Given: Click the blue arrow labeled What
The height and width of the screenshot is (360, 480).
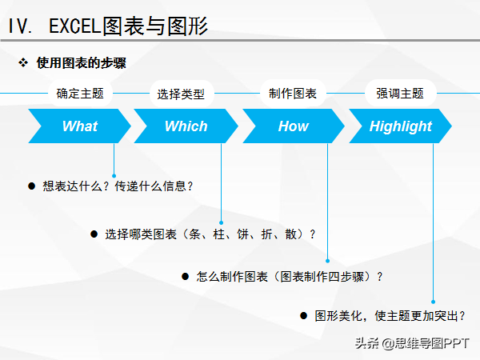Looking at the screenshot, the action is pos(79,126).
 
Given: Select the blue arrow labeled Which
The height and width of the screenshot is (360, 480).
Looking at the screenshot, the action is pos(186,126).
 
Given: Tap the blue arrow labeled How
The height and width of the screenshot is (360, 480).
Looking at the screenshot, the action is pos(294,126).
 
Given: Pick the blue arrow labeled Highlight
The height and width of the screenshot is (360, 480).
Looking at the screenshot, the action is pos(401,126).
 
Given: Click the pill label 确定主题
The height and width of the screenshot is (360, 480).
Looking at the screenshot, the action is pos(80,93).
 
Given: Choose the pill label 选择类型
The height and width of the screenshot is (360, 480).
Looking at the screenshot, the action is pos(182,94).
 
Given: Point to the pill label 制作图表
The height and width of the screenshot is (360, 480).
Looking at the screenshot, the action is pos(293,93).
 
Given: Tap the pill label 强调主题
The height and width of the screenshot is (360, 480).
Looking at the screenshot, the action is pos(400,93).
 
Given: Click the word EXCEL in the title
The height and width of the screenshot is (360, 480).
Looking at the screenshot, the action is pos(75,26).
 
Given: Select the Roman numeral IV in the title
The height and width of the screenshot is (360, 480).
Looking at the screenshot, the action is pos(19,26).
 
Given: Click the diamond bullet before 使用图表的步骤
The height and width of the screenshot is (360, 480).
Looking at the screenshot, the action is pos(23,62).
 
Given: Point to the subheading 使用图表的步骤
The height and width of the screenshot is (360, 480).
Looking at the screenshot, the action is pos(81,62).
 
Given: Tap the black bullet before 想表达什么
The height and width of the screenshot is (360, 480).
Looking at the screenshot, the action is pos(31,186).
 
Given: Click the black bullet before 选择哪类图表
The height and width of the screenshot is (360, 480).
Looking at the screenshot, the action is pos(94,234).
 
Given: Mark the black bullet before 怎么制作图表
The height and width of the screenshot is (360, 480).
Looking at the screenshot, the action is pos(186,277).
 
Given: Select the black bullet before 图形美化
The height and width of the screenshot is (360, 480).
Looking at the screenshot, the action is pos(303,316).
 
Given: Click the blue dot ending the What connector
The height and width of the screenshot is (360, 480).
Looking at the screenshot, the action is pos(114,176).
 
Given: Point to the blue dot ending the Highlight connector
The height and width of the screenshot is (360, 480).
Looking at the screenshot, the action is pos(433,302).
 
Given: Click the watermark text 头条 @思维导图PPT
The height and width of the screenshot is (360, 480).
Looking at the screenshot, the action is pos(412,343).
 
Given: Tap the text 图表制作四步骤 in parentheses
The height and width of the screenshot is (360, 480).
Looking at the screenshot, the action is pos(322,277).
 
